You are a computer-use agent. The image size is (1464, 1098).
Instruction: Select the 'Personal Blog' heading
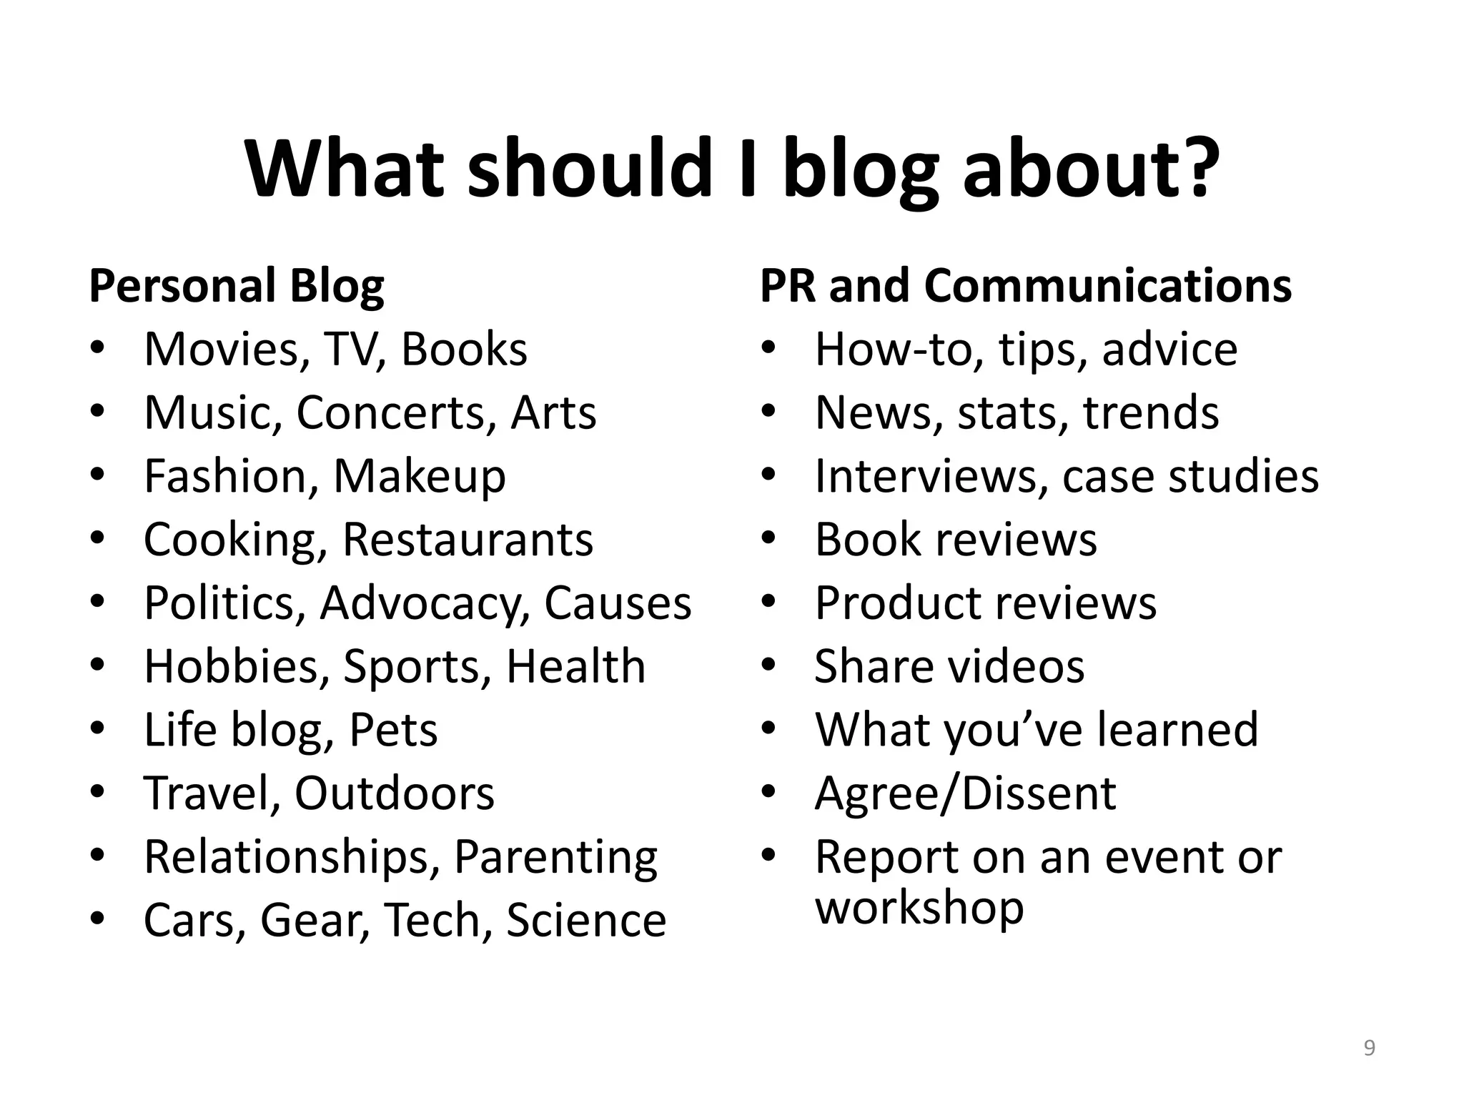coord(237,286)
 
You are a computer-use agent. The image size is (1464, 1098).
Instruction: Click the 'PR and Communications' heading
coord(1026,286)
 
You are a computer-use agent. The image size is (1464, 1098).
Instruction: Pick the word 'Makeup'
coord(420,477)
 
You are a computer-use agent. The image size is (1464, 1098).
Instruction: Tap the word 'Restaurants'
coord(468,540)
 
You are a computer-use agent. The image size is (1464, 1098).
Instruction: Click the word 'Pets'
coord(393,730)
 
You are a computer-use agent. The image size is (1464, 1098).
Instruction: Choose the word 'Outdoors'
coord(394,793)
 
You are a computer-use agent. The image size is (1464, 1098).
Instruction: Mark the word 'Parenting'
coord(555,857)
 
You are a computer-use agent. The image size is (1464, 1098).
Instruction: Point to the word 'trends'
coord(1151,413)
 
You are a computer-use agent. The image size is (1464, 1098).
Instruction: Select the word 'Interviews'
coord(926,477)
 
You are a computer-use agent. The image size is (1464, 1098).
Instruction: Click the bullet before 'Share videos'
coord(768,666)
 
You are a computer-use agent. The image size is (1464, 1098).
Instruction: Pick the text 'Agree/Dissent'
coord(965,793)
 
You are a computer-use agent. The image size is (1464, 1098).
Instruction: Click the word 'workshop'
coord(919,908)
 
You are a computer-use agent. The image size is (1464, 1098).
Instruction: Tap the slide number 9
coord(1369,1048)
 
